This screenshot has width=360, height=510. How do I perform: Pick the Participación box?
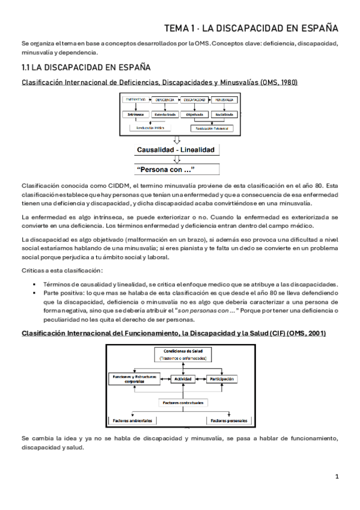222,379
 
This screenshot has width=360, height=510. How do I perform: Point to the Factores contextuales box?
182,402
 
